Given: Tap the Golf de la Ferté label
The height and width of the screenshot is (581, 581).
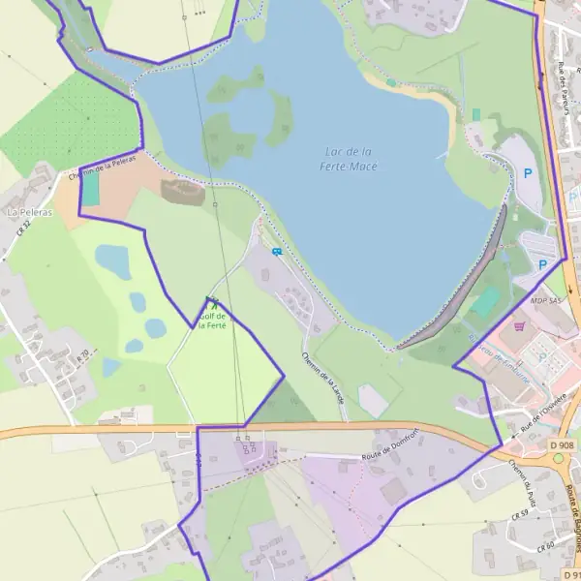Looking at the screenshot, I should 212,321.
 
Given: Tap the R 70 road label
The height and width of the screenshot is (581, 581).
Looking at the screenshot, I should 82,355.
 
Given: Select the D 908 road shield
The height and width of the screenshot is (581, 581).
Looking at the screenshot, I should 562,444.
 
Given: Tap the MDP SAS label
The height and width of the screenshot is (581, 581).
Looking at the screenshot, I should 545,301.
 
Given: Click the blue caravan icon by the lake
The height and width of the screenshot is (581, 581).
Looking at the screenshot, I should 277,252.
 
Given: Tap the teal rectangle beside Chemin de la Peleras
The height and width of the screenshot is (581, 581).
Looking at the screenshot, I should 90,190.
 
